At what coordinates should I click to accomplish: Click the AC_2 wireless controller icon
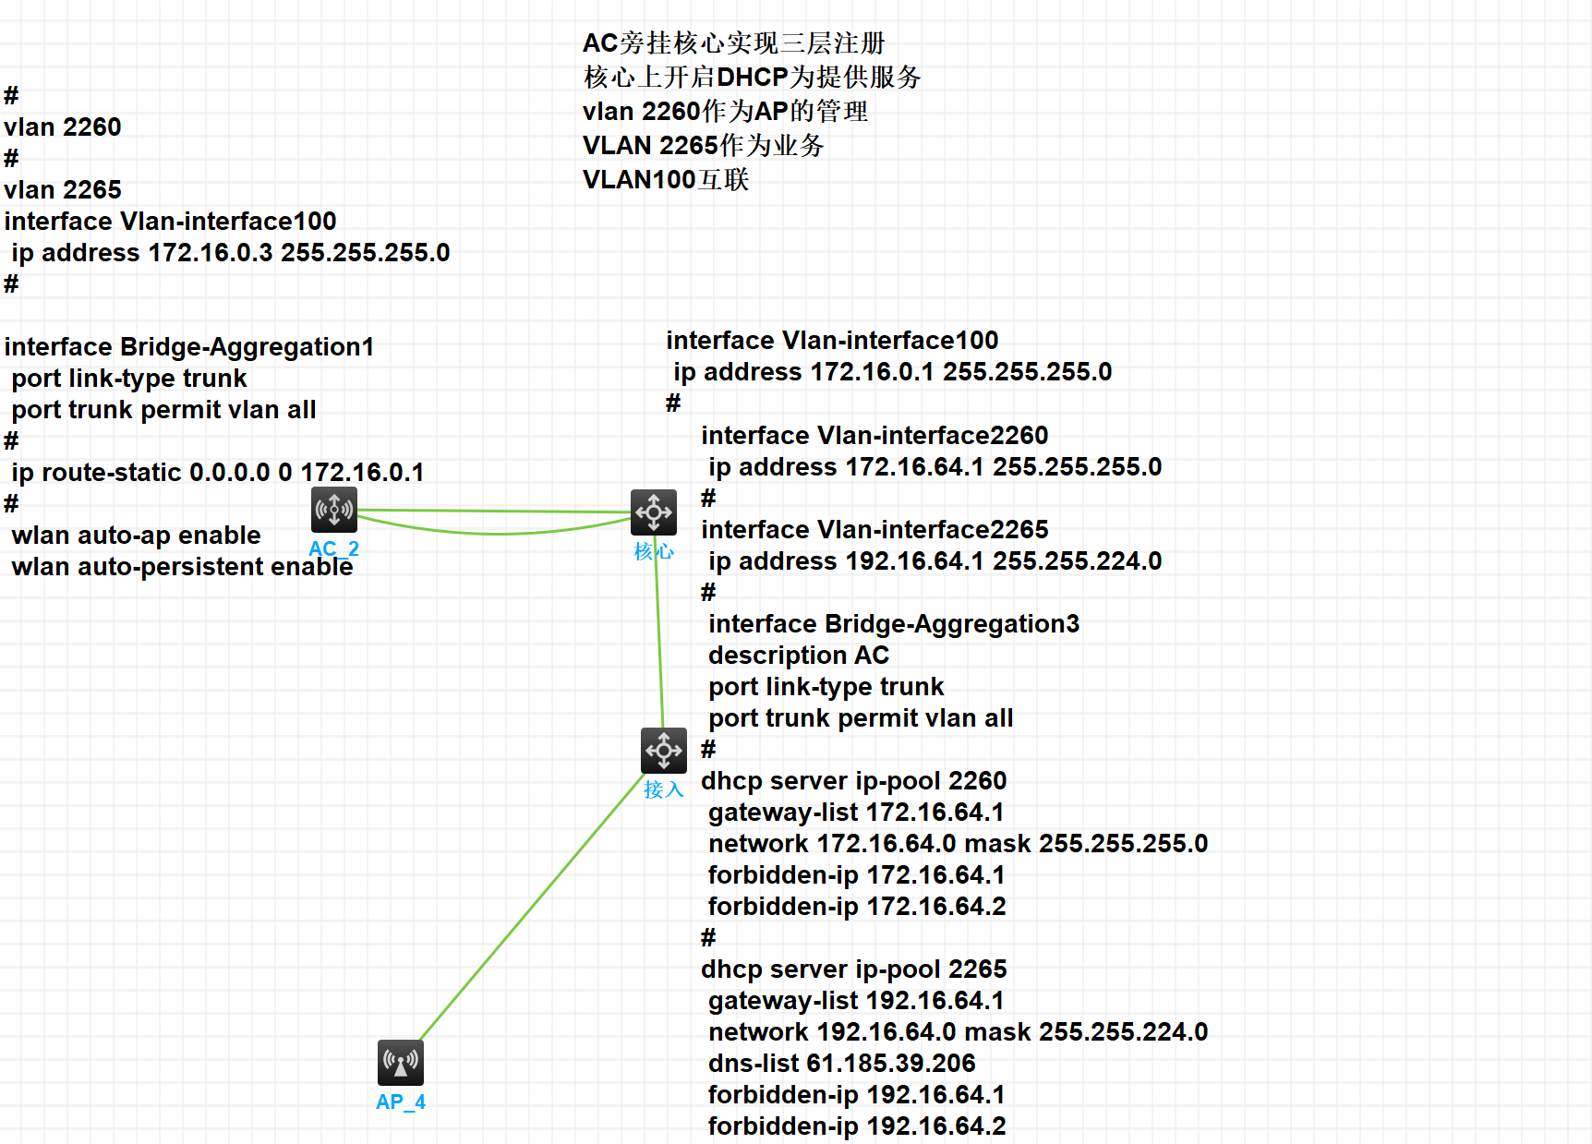pos(334,510)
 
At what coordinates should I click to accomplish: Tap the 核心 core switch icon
pos(654,512)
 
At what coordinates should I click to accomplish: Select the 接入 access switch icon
pos(664,751)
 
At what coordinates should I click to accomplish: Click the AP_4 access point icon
pos(401,1063)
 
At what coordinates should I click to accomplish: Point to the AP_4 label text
pos(401,1102)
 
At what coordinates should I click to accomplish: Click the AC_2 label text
pos(333,548)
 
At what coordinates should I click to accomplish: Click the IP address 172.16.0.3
pos(211,253)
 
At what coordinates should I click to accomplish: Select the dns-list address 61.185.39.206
pos(891,1064)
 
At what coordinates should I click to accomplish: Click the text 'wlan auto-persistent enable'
pos(182,567)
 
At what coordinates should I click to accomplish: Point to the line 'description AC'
pos(799,656)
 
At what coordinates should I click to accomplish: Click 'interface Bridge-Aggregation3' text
pos(894,624)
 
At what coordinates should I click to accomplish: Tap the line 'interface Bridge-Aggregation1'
pos(189,347)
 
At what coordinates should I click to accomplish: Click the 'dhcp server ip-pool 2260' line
pos(853,781)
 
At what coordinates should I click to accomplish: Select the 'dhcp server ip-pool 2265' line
pos(853,969)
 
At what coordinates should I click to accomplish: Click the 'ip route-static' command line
pos(218,473)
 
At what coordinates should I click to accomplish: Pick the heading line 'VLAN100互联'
pos(666,180)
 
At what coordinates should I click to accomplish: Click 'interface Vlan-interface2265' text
pos(874,530)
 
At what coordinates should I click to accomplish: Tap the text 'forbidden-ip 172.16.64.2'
pos(857,907)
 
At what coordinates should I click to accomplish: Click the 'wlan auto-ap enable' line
pos(137,536)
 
